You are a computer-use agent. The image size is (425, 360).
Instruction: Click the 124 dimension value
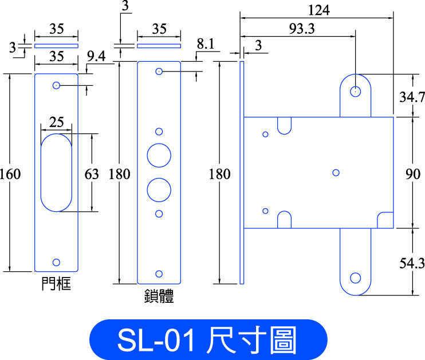pyautogui.click(x=318, y=10)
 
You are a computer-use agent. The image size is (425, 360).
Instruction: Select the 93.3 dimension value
pyautogui.click(x=302, y=29)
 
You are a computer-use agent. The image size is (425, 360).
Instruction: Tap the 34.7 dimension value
pyautogui.click(x=412, y=97)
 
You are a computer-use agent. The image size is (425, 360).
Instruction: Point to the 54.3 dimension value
pyautogui.click(x=412, y=263)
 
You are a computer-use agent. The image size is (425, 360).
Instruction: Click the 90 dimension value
pyautogui.click(x=413, y=174)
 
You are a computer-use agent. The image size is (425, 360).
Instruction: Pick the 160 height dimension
pyautogui.click(x=10, y=174)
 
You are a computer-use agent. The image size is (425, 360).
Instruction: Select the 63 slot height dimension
pyautogui.click(x=92, y=174)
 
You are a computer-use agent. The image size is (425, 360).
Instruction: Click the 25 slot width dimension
pyautogui.click(x=56, y=122)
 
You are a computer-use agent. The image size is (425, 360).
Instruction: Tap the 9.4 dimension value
pyautogui.click(x=96, y=56)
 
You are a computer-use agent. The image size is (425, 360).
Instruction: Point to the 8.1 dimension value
pyautogui.click(x=206, y=43)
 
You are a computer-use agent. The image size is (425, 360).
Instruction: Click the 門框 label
pyautogui.click(x=56, y=284)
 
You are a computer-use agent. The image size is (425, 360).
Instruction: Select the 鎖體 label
pyautogui.click(x=159, y=296)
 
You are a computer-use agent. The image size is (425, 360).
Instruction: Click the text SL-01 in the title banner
pyautogui.click(x=156, y=341)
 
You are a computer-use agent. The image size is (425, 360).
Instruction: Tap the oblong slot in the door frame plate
pyautogui.click(x=41, y=172)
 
